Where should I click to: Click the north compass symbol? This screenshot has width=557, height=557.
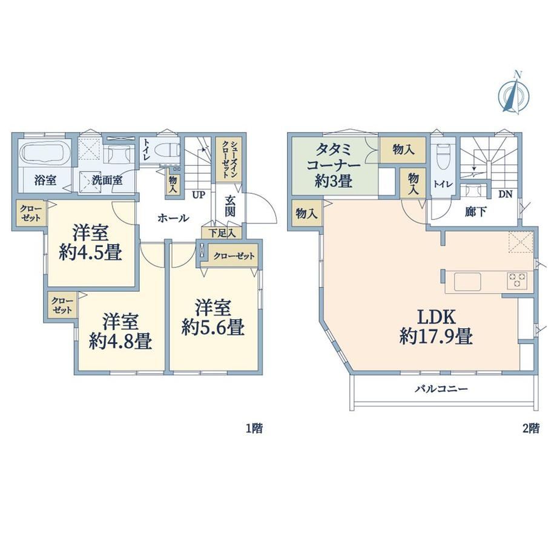coord(513,93)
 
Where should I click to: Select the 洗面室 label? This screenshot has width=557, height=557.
coord(107,180)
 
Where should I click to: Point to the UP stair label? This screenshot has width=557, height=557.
coord(199,195)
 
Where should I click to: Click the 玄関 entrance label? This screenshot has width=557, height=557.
coord(230,206)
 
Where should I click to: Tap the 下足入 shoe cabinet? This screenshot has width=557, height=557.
coord(222,233)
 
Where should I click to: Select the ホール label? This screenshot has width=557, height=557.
coord(173,218)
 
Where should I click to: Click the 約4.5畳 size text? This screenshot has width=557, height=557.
coord(91,253)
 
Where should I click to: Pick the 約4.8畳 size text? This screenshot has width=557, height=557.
coord(120,341)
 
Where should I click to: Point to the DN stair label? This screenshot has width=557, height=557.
coord(505,194)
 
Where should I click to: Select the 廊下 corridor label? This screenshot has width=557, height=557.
coord(476,212)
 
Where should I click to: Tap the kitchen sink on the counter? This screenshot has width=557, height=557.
coord(467,282)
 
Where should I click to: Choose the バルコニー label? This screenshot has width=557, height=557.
coord(441,389)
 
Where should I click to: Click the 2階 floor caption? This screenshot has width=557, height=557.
coord(531,429)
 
